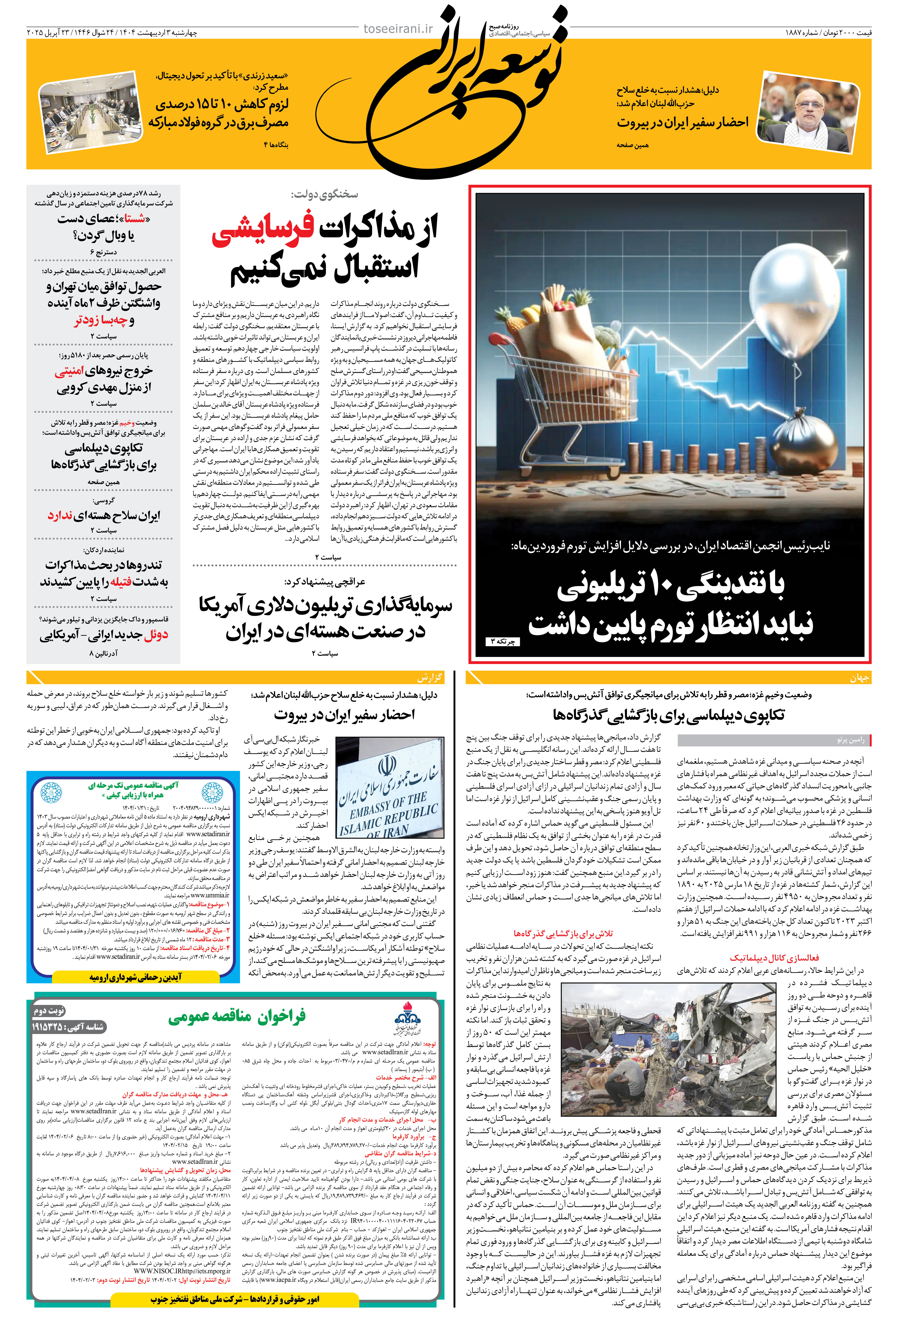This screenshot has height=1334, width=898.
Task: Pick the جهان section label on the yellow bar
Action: click(859, 678)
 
